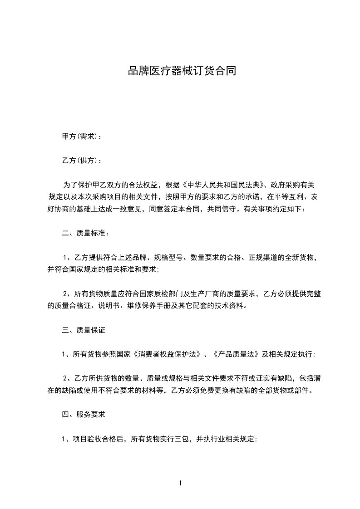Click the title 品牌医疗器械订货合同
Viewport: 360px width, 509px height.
[x=182, y=71]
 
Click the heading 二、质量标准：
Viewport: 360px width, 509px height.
[x=85, y=234]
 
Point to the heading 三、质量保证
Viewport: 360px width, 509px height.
[x=84, y=331]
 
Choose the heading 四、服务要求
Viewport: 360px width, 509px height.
[x=84, y=414]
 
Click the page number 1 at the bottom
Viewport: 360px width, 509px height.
[x=180, y=483]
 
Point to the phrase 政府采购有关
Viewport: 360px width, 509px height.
[x=296, y=185]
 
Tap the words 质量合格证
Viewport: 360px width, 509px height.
[x=74, y=306]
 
